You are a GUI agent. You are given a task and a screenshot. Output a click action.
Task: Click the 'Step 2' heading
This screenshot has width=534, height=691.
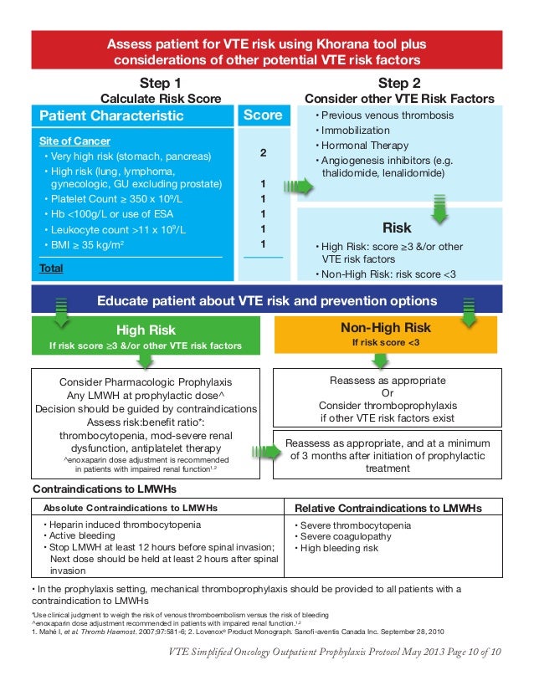[x=398, y=83]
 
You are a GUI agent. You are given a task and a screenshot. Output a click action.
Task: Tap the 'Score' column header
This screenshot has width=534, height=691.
[x=263, y=115]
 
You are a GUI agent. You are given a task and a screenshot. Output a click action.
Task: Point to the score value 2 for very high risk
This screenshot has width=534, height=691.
[x=263, y=153]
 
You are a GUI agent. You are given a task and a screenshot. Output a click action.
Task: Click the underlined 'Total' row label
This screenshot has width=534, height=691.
[x=51, y=269]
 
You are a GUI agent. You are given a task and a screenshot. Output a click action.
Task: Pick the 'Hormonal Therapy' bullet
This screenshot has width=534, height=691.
[x=356, y=146]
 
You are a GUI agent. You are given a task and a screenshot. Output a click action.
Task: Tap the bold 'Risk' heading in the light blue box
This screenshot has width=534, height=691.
[x=397, y=227]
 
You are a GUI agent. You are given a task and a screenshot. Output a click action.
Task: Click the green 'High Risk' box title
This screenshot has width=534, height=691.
[x=146, y=330]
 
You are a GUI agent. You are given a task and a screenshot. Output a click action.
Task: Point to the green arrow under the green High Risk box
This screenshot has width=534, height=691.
[x=146, y=360]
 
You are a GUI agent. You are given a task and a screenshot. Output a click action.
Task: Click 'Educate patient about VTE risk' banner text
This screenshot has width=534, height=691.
[x=267, y=300]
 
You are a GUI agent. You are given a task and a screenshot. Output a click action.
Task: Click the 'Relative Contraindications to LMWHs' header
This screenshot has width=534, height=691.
[x=393, y=508]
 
